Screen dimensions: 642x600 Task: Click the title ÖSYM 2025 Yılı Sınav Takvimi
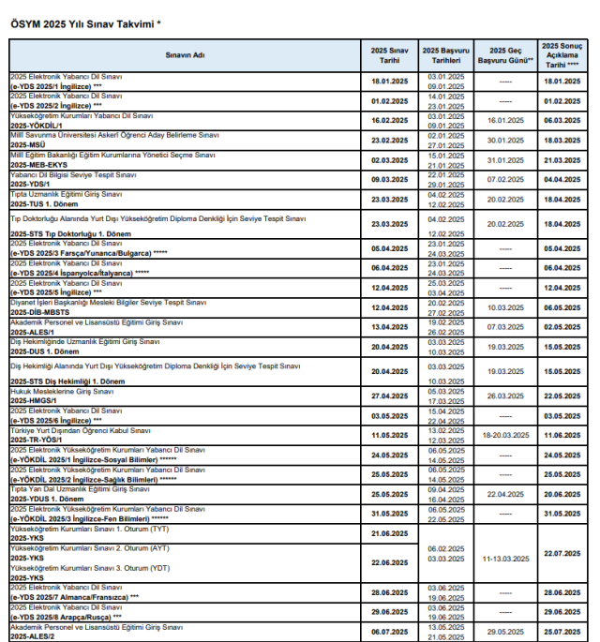pyautogui.click(x=85, y=23)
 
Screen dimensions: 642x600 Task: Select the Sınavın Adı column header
pyautogui.click(x=186, y=55)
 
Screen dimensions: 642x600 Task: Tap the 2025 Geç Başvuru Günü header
pyautogui.click(x=505, y=55)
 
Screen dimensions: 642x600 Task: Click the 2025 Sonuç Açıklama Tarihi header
pyautogui.click(x=563, y=55)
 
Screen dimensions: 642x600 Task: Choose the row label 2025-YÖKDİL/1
pyautogui.click(x=37, y=125)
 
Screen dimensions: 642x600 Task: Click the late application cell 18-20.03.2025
pyautogui.click(x=505, y=435)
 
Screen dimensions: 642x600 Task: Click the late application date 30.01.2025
pyautogui.click(x=505, y=140)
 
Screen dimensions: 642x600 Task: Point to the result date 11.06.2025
pyautogui.click(x=562, y=435)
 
